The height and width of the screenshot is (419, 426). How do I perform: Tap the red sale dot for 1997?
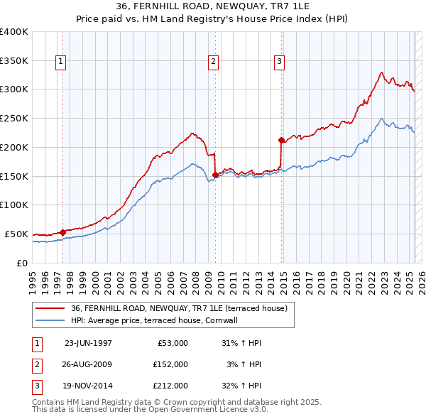coord(62,232)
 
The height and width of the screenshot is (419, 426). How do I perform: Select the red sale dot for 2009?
coord(215,175)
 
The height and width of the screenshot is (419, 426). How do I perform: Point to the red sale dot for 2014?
coord(281,140)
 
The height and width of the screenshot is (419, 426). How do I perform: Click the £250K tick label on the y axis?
coord(14,119)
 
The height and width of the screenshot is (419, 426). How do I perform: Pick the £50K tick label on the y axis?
coord(17,234)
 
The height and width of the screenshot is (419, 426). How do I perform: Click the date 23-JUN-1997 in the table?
coord(88,343)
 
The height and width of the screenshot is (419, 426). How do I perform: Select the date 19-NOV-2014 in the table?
coord(88,386)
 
